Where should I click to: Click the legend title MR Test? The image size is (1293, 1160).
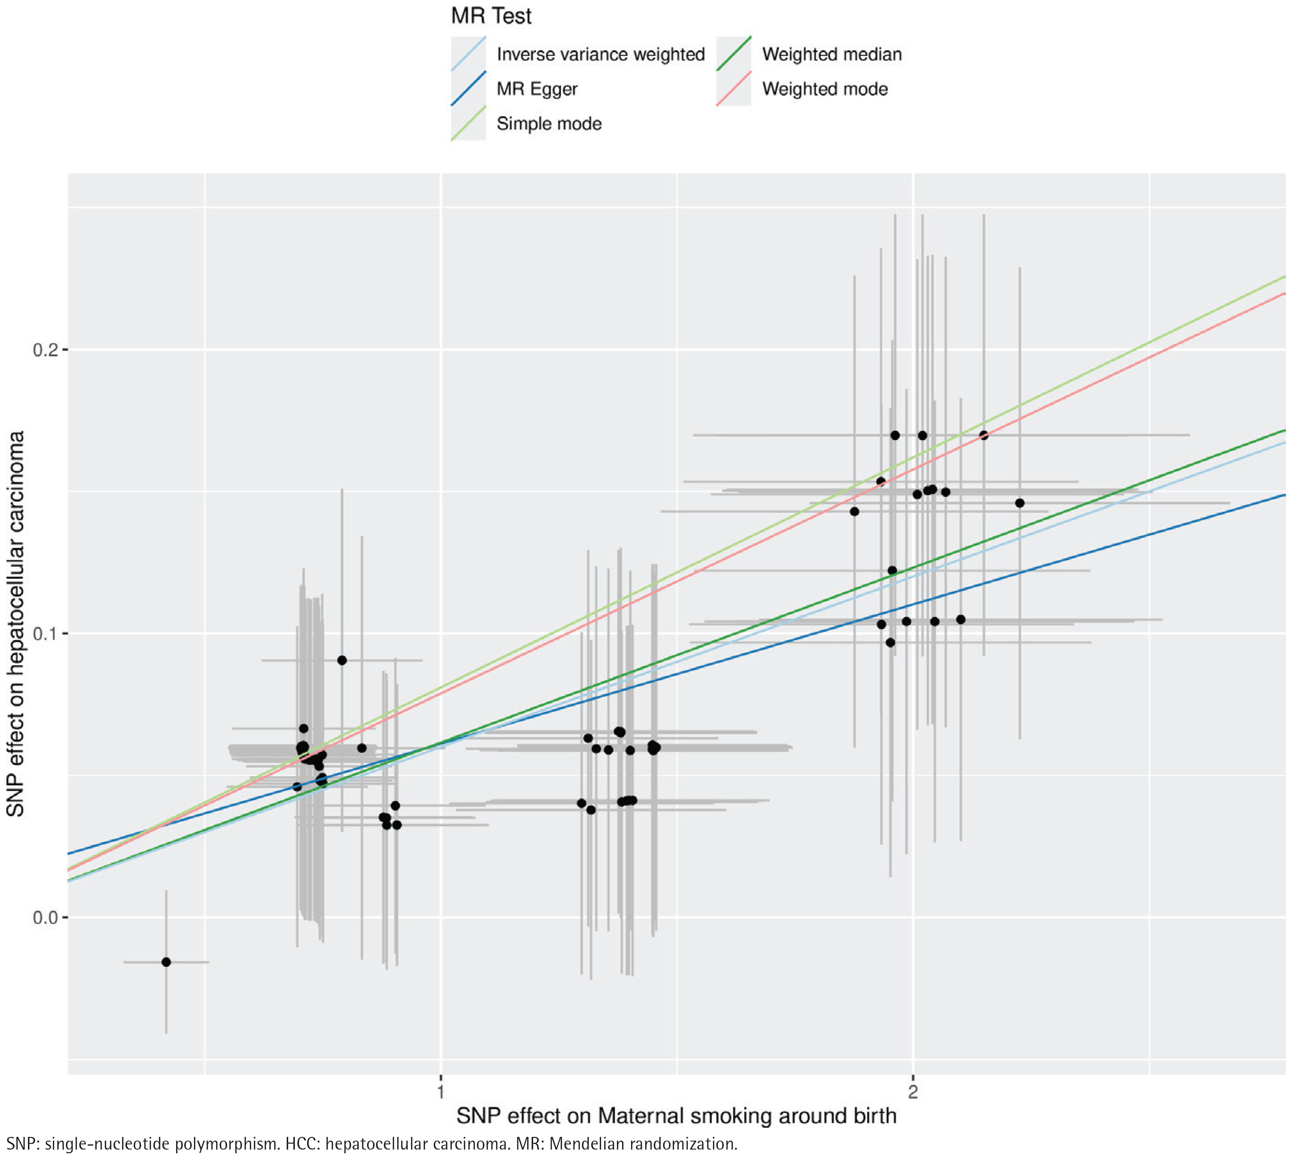[x=491, y=16]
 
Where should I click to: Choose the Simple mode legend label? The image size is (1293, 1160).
[x=549, y=124]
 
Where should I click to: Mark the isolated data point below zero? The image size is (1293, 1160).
[x=166, y=962]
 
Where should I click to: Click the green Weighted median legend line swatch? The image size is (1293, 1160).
[x=733, y=54]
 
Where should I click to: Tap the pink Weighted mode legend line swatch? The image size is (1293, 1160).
[x=733, y=89]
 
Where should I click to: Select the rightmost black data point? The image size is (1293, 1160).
[x=1020, y=503]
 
